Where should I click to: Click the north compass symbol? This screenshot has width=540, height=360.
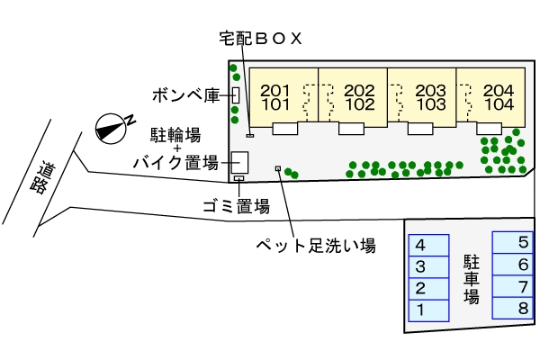click(112, 128)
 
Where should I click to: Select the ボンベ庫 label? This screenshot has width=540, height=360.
click(184, 94)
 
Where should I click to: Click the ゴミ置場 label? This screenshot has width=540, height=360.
click(237, 206)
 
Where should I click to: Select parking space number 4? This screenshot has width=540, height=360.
click(428, 245)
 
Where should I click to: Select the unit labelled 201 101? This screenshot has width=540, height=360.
click(275, 96)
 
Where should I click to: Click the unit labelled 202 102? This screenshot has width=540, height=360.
click(359, 96)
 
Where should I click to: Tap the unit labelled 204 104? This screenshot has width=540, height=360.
click(498, 96)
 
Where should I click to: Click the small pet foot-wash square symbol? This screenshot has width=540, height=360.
click(277, 168)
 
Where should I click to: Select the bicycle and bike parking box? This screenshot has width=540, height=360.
click(240, 163)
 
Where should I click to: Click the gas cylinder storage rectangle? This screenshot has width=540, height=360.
click(235, 94)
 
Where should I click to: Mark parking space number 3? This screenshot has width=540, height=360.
click(428, 266)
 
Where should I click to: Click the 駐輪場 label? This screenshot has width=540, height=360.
click(175, 135)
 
